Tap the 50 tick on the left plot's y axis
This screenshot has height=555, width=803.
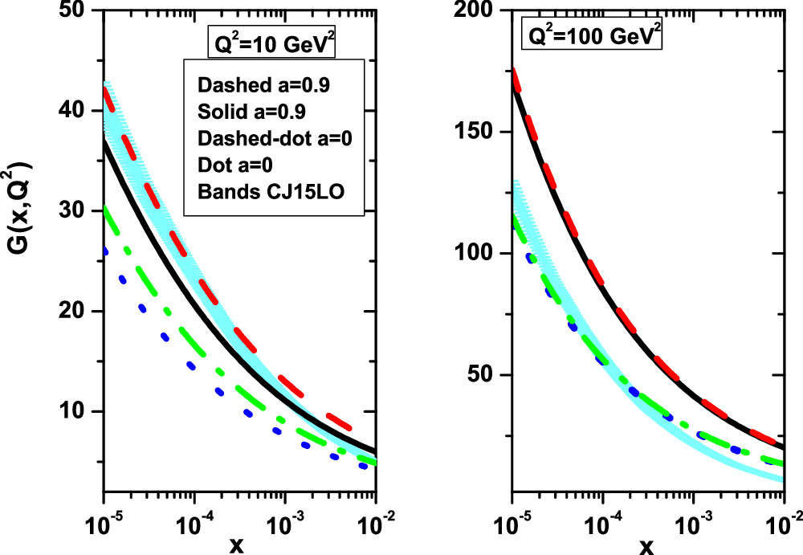click(79, 10)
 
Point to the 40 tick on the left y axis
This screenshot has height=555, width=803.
click(79, 111)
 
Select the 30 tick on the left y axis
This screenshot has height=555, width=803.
click(79, 211)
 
